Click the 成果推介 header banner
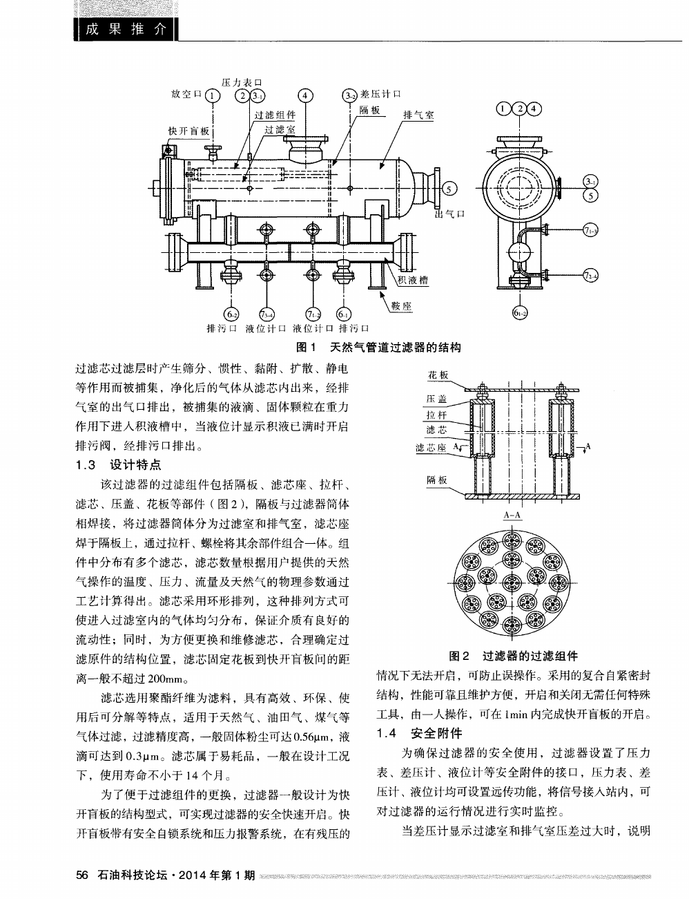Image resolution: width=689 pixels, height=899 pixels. pos(125,30)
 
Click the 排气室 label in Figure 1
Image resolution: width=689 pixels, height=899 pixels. pos(418,115)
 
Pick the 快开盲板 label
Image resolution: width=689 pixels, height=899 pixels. pos(188,131)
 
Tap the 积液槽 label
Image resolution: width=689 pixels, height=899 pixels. pos(414,280)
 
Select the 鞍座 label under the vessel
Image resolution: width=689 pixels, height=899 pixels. pos(402,306)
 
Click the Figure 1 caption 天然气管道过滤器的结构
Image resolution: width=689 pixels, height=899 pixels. pos(378,347)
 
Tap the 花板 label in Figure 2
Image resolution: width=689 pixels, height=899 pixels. pos(438,375)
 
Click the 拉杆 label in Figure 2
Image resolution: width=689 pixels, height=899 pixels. pos(437,415)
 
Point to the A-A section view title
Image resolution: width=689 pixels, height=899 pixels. pos(512,515)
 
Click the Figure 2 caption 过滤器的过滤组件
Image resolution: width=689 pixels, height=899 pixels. pos(513,656)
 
